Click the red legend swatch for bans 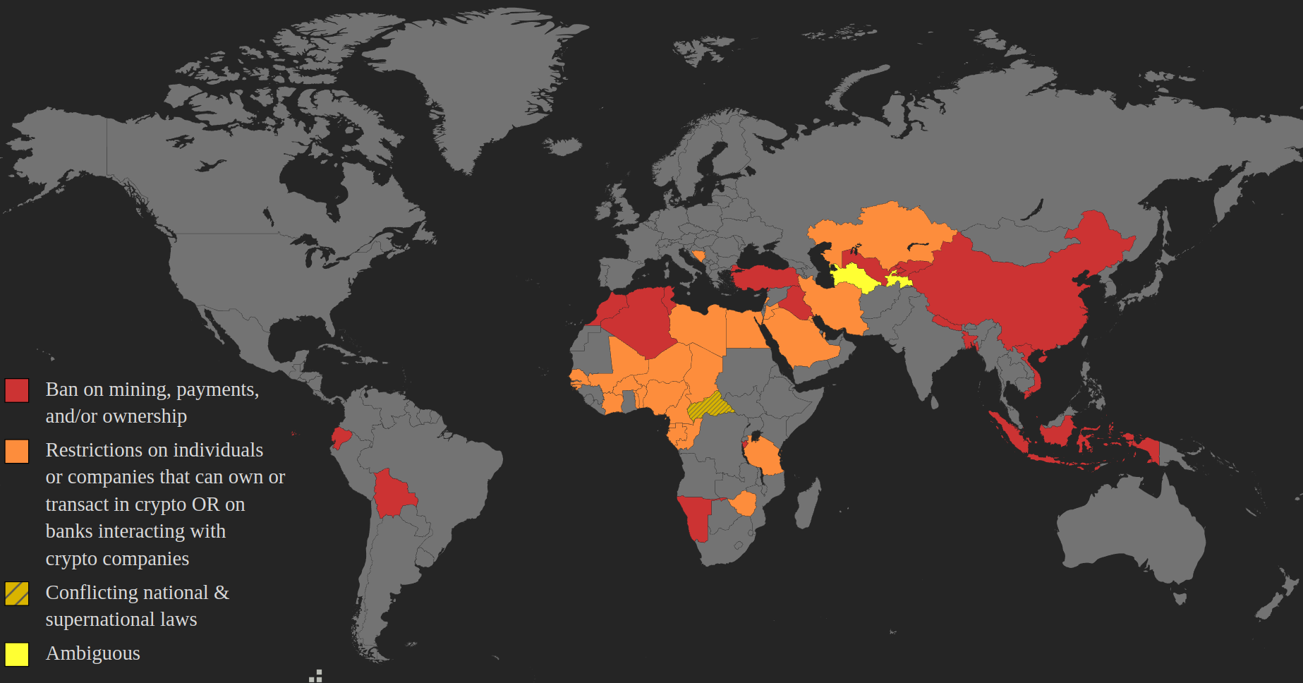click(17, 390)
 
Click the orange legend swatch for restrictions click(17, 452)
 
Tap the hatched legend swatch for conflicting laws click(17, 593)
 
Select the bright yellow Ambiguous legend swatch click(17, 654)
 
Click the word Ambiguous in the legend click(92, 653)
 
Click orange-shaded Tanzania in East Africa click(765, 455)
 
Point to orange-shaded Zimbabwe click(743, 504)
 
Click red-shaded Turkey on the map click(763, 277)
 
